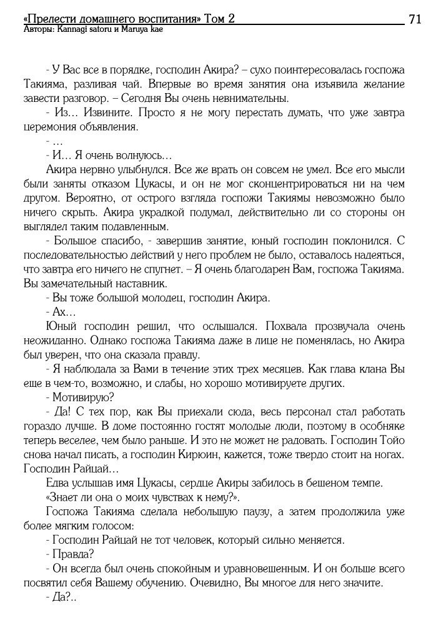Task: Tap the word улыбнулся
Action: pyautogui.click(x=133, y=169)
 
